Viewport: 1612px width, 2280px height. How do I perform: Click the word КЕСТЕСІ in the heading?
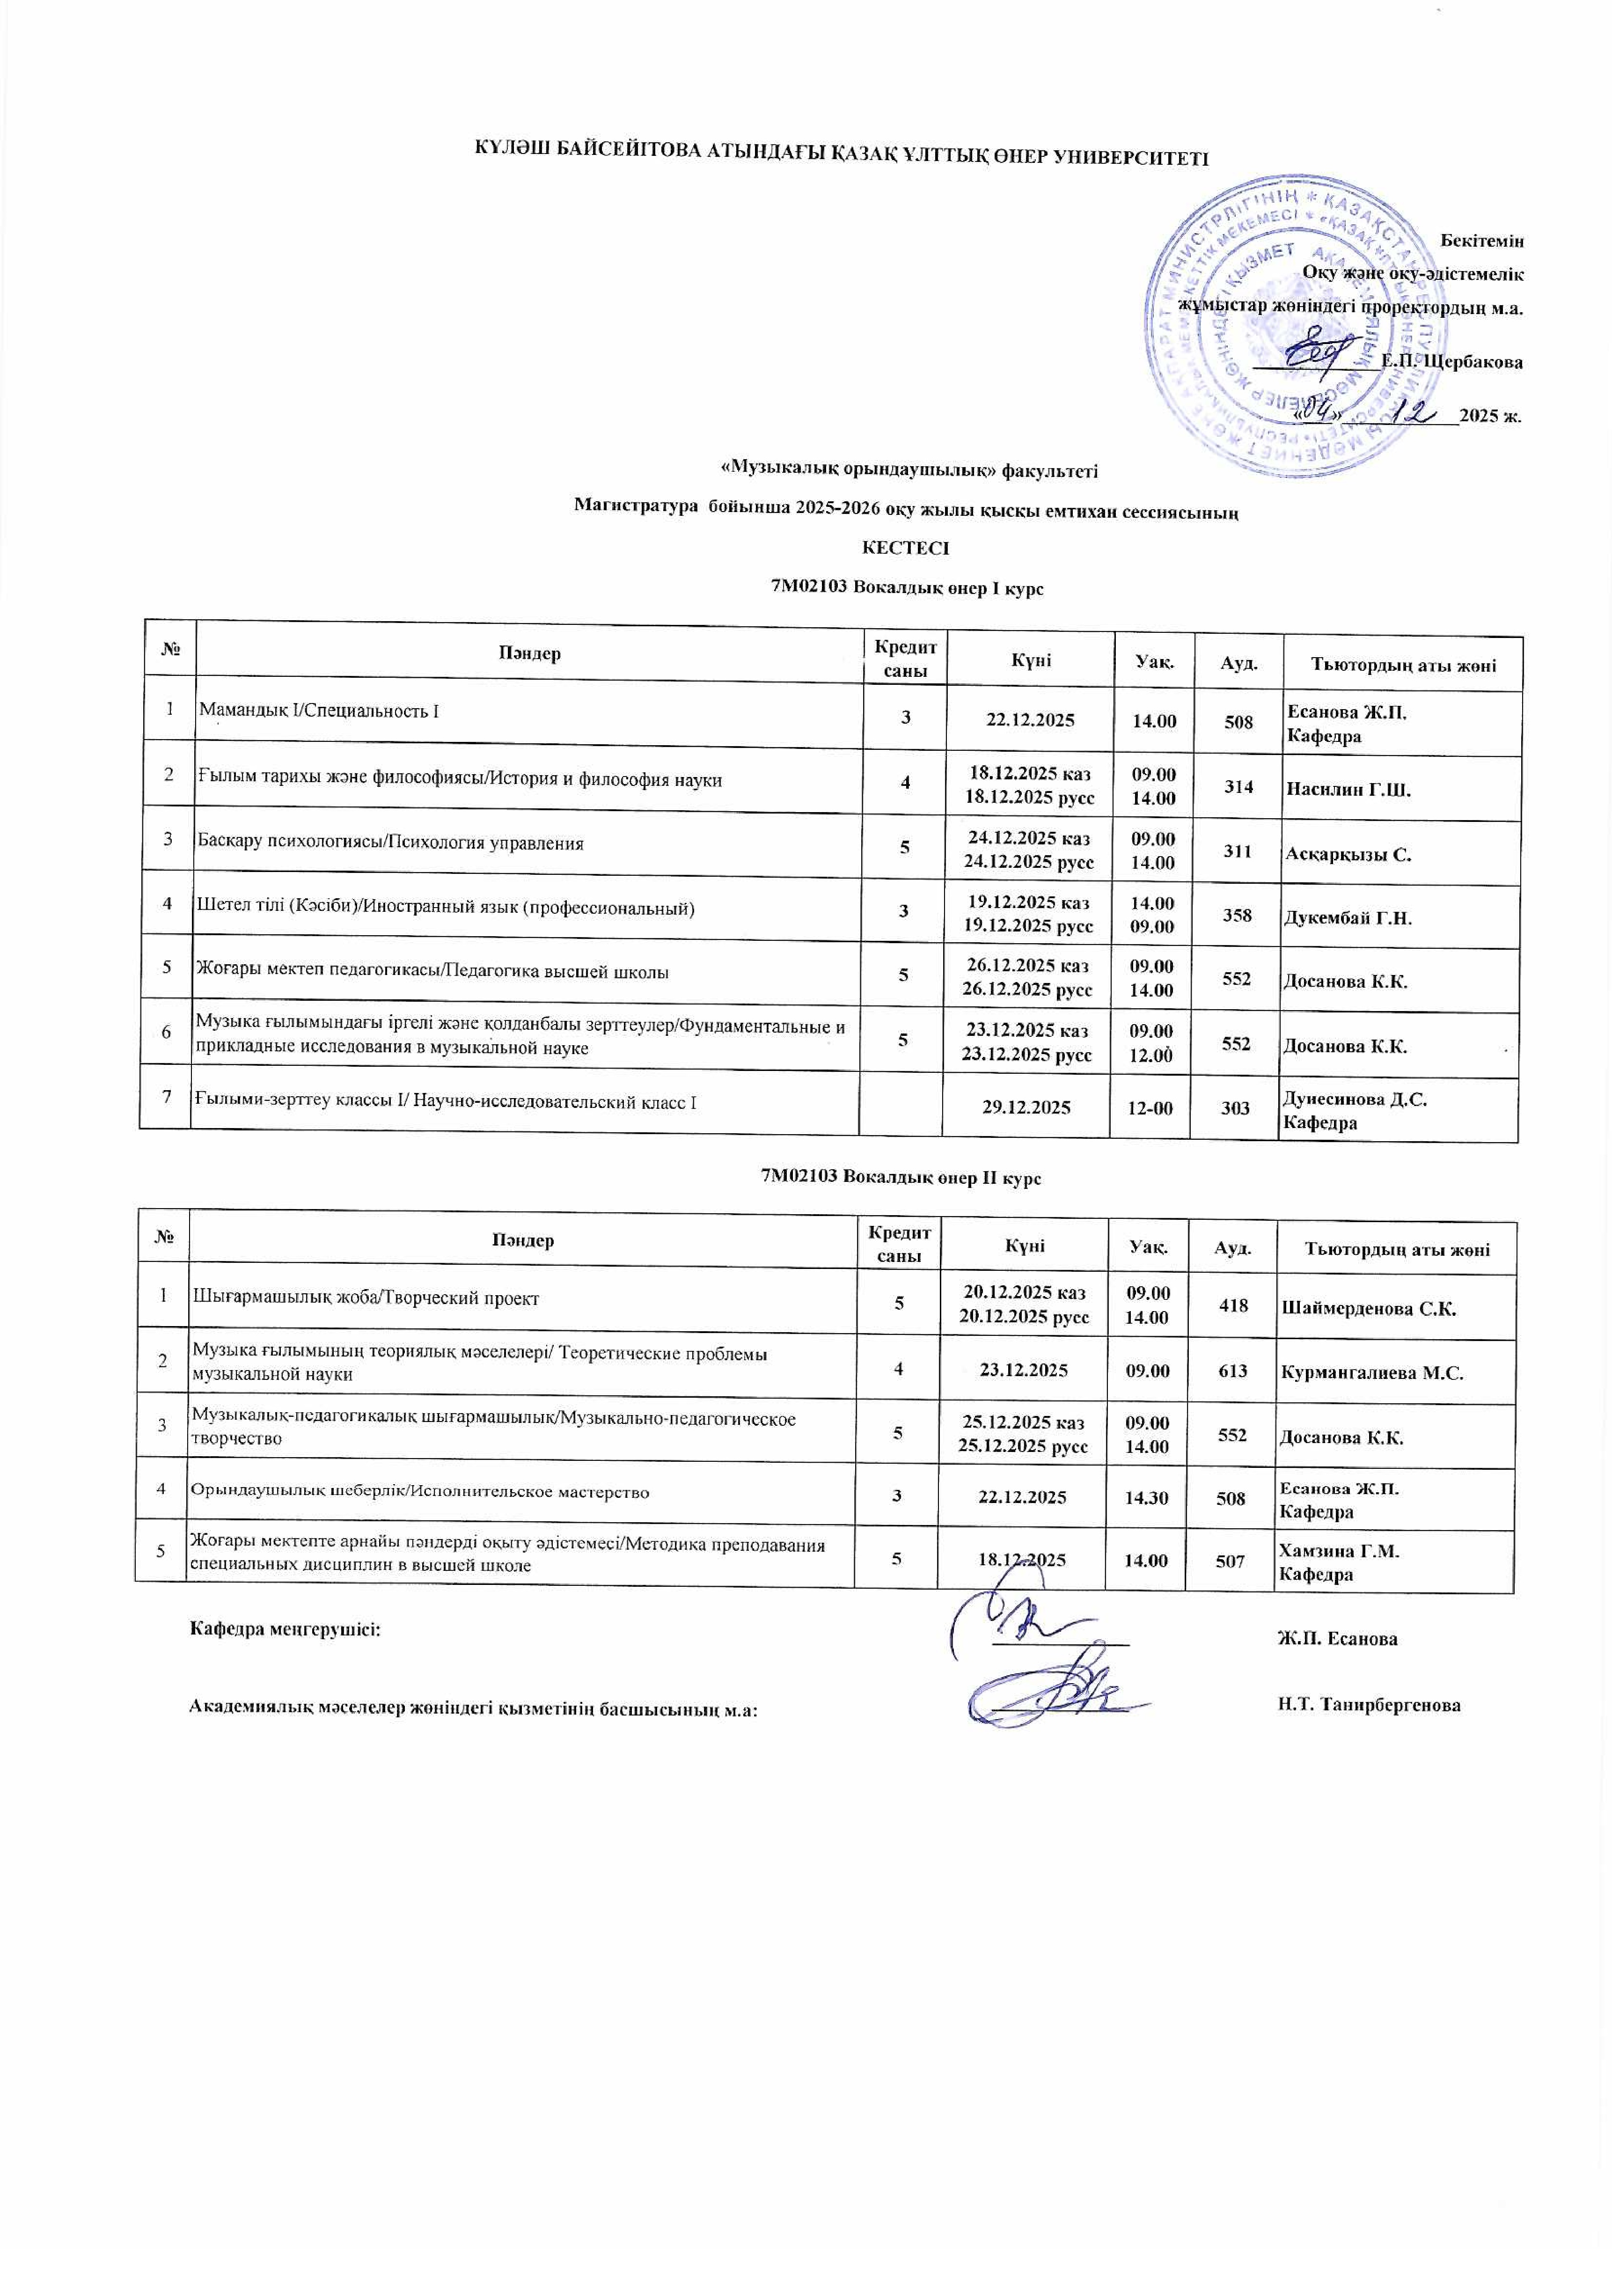(905, 547)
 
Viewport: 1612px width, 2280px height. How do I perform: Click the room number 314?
(1238, 787)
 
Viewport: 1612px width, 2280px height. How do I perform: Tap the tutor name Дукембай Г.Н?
(1348, 918)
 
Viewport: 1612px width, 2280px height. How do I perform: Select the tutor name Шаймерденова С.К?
(1368, 1309)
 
